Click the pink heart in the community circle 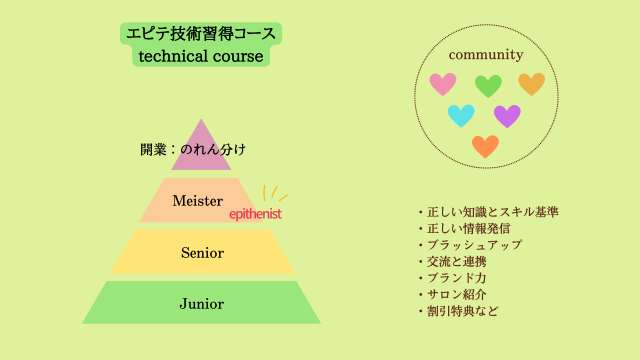443,84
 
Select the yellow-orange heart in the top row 531,84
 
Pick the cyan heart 461,115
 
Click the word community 486,54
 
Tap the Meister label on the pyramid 197,200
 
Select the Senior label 202,252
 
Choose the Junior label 201,303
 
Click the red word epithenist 255,213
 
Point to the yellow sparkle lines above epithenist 275,193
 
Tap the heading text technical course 201,56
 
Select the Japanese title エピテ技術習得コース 201,33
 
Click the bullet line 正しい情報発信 465,228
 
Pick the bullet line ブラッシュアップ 470,245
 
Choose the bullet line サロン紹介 453,294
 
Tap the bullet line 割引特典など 459,311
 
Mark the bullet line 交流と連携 453,261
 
